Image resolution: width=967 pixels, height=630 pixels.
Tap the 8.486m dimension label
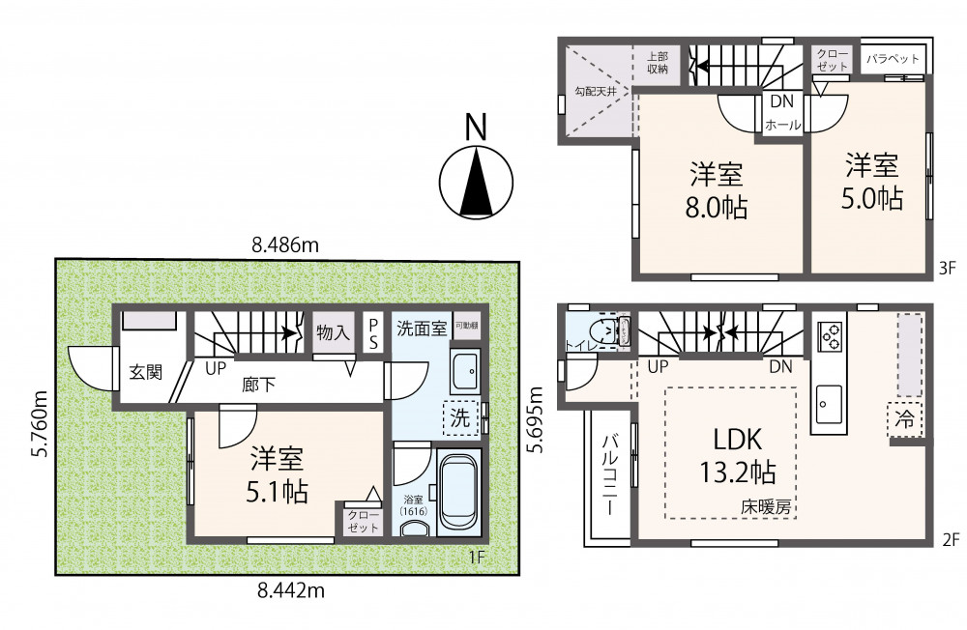[x=285, y=245]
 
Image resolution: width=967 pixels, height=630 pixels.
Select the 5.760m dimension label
[x=40, y=422]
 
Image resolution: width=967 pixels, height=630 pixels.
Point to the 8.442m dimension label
[x=290, y=591]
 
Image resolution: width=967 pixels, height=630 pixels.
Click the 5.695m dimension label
[x=537, y=419]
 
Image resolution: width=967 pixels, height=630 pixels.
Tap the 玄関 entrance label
[x=146, y=372]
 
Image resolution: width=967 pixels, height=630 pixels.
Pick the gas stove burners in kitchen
[x=830, y=336]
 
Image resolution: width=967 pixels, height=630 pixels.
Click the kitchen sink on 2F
[x=829, y=405]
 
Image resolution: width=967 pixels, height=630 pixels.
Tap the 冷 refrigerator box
[x=904, y=418]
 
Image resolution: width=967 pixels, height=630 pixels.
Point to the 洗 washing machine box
[x=460, y=418]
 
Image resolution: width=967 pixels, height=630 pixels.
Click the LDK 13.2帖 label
[x=738, y=455]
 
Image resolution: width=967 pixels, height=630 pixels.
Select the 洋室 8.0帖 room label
[x=717, y=190]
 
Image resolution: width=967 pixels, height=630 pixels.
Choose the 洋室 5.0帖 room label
[x=872, y=182]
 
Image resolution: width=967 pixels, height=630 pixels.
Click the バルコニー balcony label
[x=609, y=474]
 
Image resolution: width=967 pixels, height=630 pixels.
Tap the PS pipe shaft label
[x=373, y=333]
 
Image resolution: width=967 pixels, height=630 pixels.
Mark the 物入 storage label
[x=333, y=333]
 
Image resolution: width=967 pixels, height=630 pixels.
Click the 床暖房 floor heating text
[x=765, y=506]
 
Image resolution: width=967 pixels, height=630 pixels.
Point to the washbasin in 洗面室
[x=466, y=372]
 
